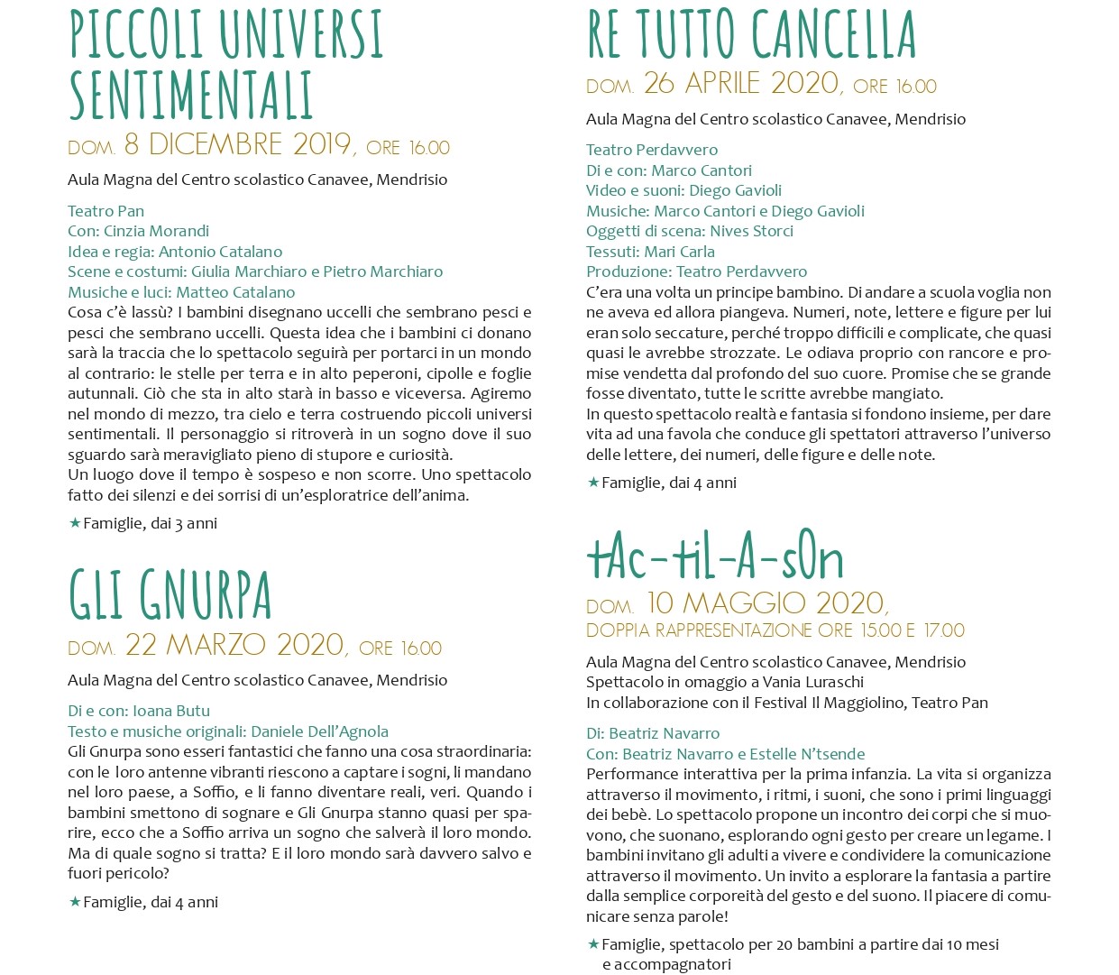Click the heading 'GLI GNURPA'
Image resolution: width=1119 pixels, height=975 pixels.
(170, 595)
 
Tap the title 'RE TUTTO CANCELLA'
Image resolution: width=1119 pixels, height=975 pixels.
(750, 36)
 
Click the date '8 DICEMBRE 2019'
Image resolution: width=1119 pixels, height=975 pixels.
(237, 144)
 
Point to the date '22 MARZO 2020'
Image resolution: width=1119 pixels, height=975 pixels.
(234, 645)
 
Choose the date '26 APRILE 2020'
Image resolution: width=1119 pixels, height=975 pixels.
(741, 84)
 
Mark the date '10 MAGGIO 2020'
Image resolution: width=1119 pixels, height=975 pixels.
(766, 602)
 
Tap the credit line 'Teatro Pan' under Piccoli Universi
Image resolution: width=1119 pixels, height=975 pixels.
(105, 211)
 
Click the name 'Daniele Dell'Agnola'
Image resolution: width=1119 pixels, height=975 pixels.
(319, 731)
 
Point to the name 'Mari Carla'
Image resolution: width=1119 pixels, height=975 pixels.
(679, 252)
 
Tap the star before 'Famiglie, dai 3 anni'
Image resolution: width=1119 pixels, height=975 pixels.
(75, 523)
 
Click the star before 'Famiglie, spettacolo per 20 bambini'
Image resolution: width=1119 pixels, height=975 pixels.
(593, 944)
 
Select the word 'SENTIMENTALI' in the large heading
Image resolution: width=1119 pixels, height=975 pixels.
(191, 95)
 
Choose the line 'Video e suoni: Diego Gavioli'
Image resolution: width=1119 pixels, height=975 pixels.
(683, 190)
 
